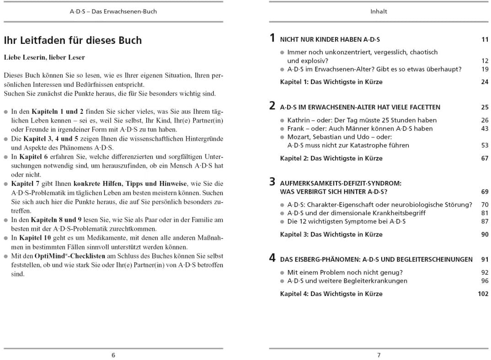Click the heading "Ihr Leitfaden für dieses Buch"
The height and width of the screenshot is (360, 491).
click(73, 41)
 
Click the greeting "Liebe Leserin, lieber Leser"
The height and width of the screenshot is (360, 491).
click(44, 58)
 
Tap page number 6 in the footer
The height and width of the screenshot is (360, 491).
click(113, 355)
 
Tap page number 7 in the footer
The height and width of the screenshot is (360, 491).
click(379, 355)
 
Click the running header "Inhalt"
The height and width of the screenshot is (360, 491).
click(379, 11)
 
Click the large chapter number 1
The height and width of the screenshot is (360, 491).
click(272, 38)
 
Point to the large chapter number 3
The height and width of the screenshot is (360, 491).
click(272, 182)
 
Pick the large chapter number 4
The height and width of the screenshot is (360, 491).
click(272, 258)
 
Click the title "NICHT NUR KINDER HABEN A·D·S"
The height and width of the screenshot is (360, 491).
click(330, 40)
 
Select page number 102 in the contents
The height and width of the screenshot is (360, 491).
click(483, 294)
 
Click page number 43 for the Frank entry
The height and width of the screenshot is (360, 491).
click(485, 128)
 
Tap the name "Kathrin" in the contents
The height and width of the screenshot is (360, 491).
click(299, 120)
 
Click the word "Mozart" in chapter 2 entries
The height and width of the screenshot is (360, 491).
click(299, 137)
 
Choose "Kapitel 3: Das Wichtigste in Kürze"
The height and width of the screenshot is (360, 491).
click(331, 234)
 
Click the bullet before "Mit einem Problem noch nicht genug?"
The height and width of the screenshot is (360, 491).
click(282, 273)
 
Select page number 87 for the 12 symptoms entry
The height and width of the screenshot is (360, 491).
click(485, 221)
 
